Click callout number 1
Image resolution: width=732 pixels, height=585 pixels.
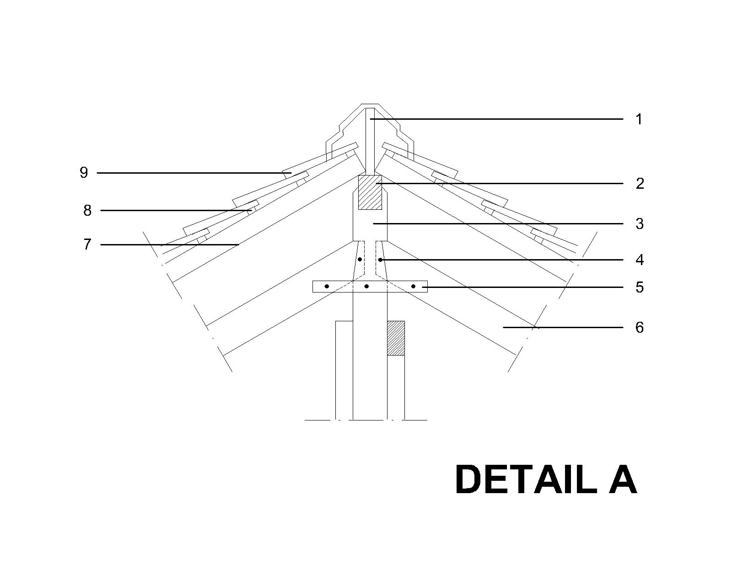pyautogui.click(x=639, y=119)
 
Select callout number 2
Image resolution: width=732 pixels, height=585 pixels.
pyautogui.click(x=640, y=184)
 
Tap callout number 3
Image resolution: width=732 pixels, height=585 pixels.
pyautogui.click(x=640, y=224)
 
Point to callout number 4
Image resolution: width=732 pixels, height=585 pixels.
pyautogui.click(x=640, y=260)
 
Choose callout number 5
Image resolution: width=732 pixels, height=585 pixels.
pyautogui.click(x=640, y=287)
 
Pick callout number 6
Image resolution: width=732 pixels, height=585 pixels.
pyautogui.click(x=640, y=328)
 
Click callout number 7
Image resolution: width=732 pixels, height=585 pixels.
pyautogui.click(x=87, y=245)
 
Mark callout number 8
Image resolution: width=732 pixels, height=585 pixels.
pyautogui.click(x=87, y=211)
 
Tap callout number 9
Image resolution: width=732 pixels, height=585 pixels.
pyautogui.click(x=84, y=173)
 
